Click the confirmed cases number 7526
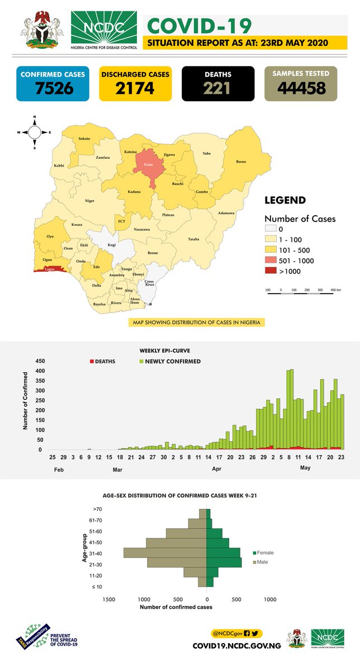(x=52, y=88)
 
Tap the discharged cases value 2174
(x=135, y=88)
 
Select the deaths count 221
(x=218, y=88)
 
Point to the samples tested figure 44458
(x=301, y=88)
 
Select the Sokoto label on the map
(x=84, y=138)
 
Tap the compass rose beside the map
(x=34, y=133)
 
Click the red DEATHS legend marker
(x=92, y=361)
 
